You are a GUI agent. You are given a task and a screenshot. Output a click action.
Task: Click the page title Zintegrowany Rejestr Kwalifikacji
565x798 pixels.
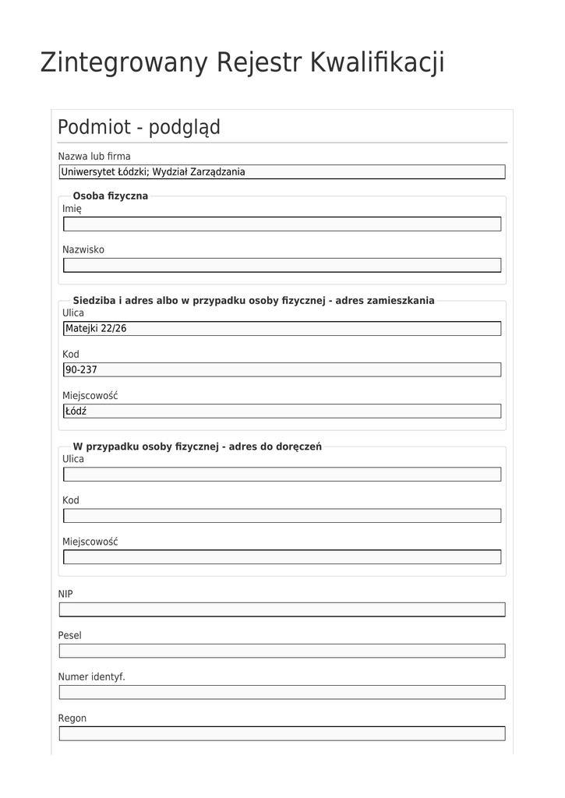tap(242, 62)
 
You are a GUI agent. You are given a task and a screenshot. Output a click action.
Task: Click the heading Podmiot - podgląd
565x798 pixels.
tap(139, 127)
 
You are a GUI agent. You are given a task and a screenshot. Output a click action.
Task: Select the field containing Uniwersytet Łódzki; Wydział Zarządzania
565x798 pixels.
tap(281, 172)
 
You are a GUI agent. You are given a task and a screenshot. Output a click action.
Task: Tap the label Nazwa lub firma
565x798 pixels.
tap(94, 156)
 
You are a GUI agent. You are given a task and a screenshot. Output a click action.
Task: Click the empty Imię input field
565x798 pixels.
tap(281, 224)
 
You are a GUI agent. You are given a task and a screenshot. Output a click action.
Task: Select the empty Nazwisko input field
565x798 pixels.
tap(281, 265)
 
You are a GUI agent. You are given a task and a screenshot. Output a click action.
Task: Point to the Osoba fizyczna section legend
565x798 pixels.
tap(110, 196)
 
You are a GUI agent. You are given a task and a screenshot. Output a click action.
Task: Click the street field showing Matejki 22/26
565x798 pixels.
tap(281, 329)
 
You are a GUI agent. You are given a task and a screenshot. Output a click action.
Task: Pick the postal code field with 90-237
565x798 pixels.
tap(281, 369)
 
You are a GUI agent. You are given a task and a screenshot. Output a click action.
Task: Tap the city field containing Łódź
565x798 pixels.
tap(281, 411)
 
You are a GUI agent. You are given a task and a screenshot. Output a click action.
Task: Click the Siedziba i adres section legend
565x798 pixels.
tap(253, 300)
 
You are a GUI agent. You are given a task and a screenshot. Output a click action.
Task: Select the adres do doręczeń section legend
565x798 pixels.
tap(197, 447)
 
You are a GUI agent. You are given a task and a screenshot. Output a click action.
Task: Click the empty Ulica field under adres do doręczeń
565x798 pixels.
tap(281, 474)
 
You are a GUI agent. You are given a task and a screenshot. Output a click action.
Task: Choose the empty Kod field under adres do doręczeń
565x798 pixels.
tap(281, 515)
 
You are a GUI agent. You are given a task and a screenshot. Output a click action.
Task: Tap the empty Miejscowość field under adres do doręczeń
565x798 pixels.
tap(281, 556)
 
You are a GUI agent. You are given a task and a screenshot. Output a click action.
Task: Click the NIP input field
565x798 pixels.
tap(281, 609)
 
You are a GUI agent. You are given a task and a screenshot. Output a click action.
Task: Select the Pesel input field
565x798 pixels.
tap(281, 651)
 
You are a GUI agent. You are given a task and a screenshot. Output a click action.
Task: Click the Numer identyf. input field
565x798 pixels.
tap(281, 692)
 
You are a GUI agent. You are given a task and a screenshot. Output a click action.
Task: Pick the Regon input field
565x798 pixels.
tap(281, 733)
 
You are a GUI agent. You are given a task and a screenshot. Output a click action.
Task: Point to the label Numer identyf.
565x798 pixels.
tap(91, 676)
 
